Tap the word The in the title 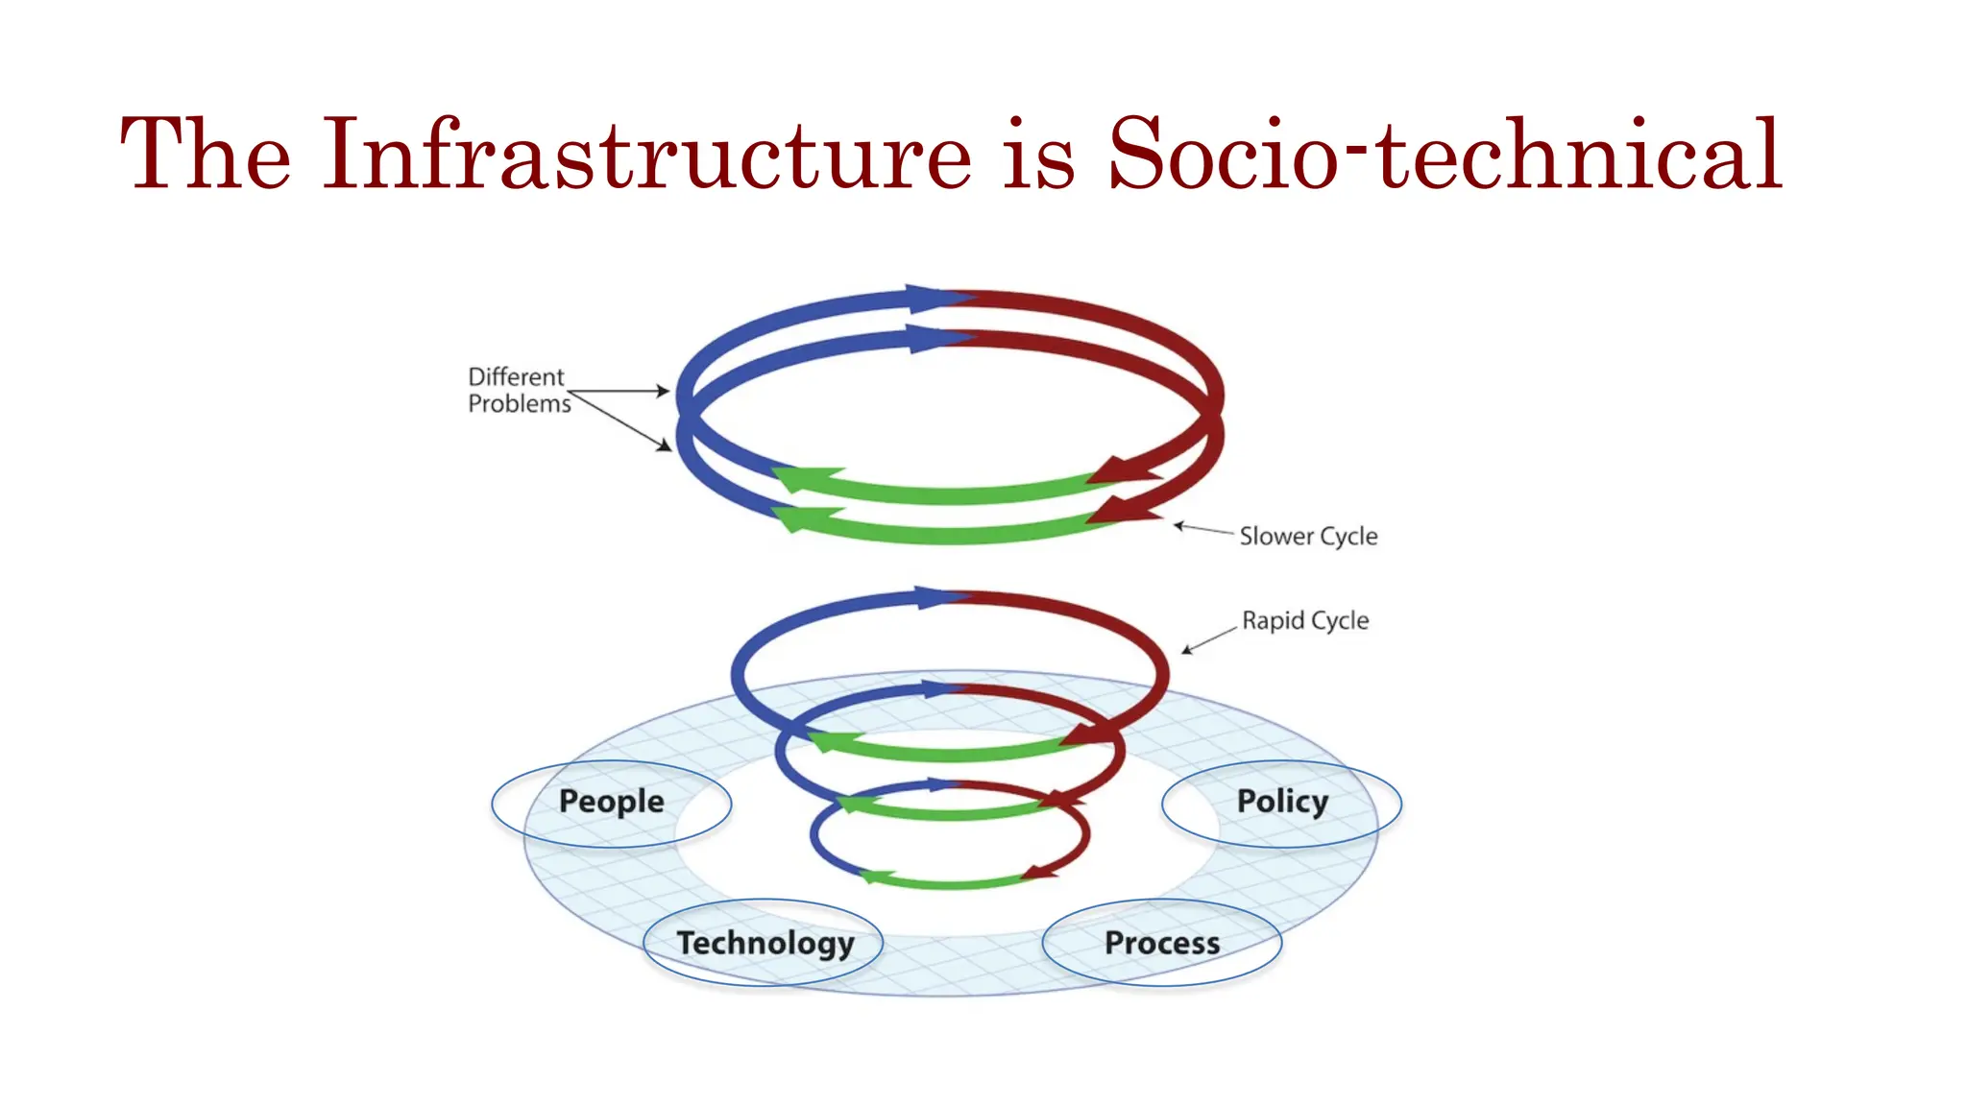pos(206,154)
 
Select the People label pos(611,802)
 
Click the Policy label pos(1282,802)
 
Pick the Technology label pos(765,943)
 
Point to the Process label pos(1162,943)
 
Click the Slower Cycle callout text pos(1308,536)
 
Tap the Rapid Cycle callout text pos(1305,620)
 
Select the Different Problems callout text pos(519,390)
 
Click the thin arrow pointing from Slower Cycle pos(1204,528)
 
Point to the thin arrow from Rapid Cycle pos(1210,639)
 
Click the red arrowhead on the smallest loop pos(1041,873)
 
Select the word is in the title pos(1039,154)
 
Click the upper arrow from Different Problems pos(619,391)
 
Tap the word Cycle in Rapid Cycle pos(1340,620)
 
